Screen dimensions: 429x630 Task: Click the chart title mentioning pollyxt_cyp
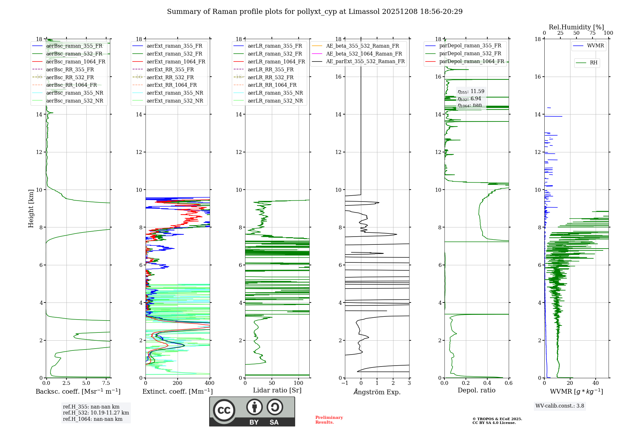tap(315, 12)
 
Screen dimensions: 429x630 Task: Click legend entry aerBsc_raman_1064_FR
tap(76, 62)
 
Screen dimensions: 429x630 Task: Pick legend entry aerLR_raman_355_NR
tap(275, 93)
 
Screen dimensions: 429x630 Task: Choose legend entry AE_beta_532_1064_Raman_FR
tap(364, 54)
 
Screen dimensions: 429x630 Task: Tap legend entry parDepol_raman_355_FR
tap(470, 46)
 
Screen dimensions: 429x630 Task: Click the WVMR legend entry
tap(595, 46)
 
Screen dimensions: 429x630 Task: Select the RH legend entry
tap(593, 63)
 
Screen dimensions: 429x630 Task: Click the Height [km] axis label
tap(31, 208)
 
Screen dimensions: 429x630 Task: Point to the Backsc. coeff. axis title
tap(78, 391)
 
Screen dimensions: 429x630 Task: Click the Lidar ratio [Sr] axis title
tap(277, 390)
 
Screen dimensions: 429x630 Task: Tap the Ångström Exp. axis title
tap(377, 392)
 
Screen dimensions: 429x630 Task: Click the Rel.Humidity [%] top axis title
tap(576, 27)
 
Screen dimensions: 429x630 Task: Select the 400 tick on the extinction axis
tap(209, 383)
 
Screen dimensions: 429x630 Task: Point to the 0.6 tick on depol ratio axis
tap(508, 383)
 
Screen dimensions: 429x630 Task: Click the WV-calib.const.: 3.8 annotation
tap(560, 406)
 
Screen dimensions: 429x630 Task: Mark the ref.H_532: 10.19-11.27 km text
tap(96, 413)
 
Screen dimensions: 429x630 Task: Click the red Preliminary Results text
tap(329, 420)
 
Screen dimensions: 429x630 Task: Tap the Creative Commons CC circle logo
tap(224, 410)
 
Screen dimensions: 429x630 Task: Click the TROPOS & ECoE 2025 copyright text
tap(497, 419)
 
